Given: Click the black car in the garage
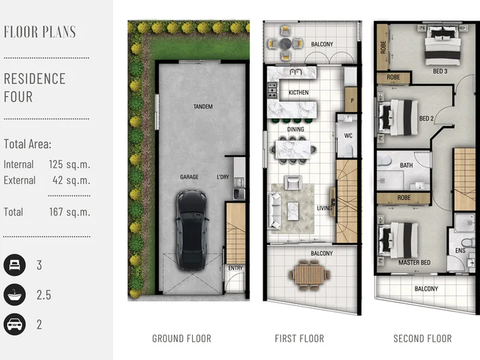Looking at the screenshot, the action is (x=191, y=230).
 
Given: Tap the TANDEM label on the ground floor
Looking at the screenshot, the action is (x=203, y=107).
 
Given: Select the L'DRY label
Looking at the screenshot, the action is (x=223, y=177).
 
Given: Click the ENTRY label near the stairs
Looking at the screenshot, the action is (x=235, y=268).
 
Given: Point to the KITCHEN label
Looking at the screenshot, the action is (x=299, y=93).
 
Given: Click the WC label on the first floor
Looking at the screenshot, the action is (x=349, y=135).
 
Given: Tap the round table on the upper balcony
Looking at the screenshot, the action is (x=285, y=44).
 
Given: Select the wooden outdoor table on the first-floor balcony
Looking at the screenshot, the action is (x=309, y=275).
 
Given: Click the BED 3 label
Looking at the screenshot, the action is (x=440, y=71).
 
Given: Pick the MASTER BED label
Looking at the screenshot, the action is (x=414, y=263).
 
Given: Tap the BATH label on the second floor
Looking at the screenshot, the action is (x=406, y=165).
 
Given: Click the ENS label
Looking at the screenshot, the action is (x=461, y=251).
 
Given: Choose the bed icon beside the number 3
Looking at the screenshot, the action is (x=15, y=265).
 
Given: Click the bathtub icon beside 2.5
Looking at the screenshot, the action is (x=15, y=295).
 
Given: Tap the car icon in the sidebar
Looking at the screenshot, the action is (x=15, y=325).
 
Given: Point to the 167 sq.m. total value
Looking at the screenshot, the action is (x=69, y=212).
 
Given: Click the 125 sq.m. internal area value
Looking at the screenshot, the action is (x=69, y=165).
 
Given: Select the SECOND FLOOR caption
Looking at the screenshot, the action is (x=423, y=339).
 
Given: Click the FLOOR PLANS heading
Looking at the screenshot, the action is (x=40, y=32).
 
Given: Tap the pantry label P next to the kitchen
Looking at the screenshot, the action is (x=352, y=100).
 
